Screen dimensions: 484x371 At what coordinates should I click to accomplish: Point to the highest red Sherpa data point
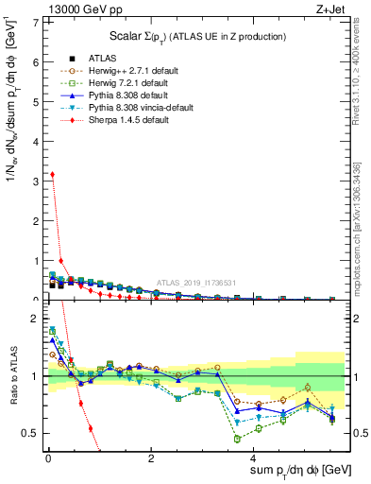pos(51,174)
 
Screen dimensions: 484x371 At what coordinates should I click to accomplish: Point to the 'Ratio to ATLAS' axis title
pos(12,374)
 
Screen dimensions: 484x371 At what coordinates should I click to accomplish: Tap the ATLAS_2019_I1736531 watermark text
pos(195,283)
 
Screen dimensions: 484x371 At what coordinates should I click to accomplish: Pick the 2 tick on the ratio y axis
pos(35,319)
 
